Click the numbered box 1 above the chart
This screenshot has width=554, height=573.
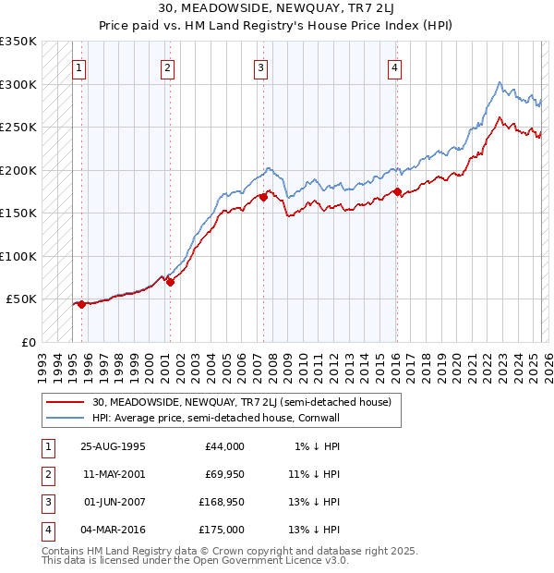[79, 67]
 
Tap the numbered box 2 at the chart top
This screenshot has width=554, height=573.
[167, 67]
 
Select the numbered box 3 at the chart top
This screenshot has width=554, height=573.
[261, 67]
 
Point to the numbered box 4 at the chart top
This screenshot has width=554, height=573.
[394, 67]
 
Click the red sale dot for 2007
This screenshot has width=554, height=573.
[264, 196]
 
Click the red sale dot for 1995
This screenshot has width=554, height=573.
[82, 304]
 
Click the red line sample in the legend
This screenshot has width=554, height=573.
[66, 402]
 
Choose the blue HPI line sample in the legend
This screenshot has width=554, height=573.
[66, 418]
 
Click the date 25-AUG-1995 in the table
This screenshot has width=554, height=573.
[113, 446]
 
